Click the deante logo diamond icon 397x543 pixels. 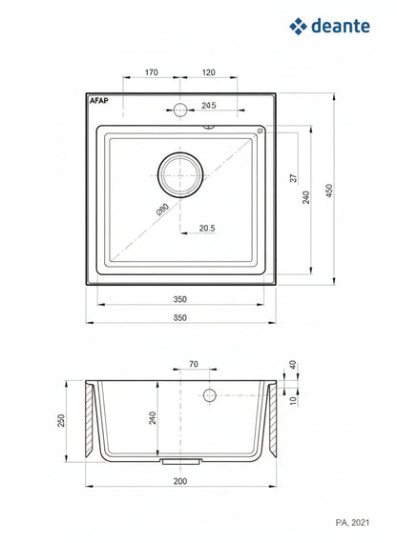(x=298, y=27)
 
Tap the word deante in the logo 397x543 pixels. (x=341, y=26)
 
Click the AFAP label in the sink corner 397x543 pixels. (x=99, y=100)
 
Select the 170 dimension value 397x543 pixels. (x=152, y=72)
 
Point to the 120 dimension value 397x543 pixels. (x=208, y=72)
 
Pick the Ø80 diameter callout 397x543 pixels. (x=162, y=210)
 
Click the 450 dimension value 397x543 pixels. (x=329, y=191)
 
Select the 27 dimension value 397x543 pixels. (x=294, y=178)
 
